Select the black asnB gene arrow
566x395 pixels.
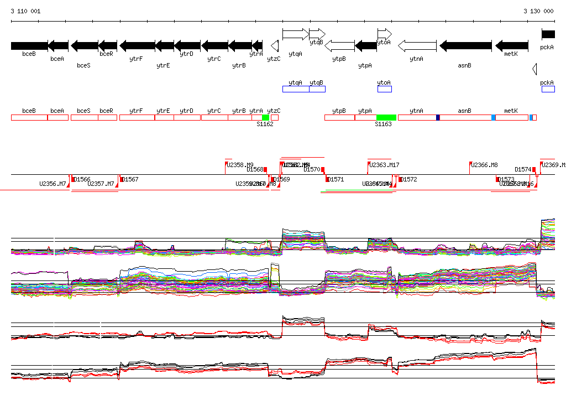[x=465, y=45]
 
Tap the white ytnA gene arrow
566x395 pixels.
[x=417, y=45]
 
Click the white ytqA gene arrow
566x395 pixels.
[x=296, y=34]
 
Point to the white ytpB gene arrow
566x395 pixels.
[x=339, y=45]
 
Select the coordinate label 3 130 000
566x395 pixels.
[x=538, y=11]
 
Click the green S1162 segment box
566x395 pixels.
[x=266, y=117]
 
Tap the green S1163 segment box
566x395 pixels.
[x=386, y=117]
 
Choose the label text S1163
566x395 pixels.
[x=383, y=124]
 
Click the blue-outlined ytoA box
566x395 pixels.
[x=384, y=89]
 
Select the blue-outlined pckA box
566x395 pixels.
[x=548, y=89]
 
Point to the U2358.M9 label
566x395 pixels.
[x=240, y=165]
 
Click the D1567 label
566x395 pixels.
[x=130, y=179]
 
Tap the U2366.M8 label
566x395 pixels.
[x=485, y=165]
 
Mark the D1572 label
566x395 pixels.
[x=408, y=179]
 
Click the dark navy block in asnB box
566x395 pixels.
[x=438, y=117]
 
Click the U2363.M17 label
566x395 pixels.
[x=384, y=165]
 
